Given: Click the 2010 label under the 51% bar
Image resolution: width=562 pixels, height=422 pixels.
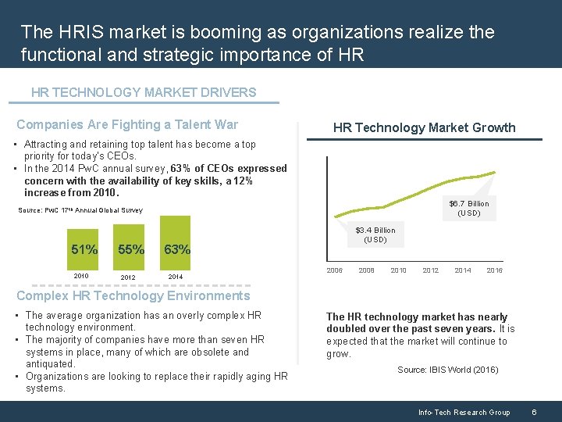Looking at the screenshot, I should tap(81, 276).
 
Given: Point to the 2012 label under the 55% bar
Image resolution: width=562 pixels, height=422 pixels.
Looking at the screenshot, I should tap(128, 277).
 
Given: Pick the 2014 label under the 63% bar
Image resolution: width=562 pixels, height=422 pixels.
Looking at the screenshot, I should tap(175, 276).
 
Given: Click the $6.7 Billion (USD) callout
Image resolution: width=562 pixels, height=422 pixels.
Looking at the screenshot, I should tap(468, 208).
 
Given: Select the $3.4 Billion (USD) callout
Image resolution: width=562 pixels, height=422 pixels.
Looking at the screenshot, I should tap(375, 234).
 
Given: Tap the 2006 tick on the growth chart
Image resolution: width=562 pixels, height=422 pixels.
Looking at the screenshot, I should tap(334, 270).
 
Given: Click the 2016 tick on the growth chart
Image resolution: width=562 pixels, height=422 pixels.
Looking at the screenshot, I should tap(494, 270).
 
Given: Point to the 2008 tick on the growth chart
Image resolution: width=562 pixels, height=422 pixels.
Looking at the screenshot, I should tap(366, 270).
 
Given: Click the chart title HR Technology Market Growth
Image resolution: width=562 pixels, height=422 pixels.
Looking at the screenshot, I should tap(424, 127).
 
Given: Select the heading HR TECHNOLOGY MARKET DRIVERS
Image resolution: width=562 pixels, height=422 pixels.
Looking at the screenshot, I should tap(144, 92).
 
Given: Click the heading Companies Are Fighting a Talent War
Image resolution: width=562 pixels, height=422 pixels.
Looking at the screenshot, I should tap(127, 124).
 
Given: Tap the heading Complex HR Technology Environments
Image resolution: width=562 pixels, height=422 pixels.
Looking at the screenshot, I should tap(133, 295).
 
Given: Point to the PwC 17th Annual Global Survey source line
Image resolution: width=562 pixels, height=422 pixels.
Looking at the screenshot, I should tap(80, 210).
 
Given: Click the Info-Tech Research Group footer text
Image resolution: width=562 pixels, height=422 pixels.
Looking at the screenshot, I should tap(464, 412).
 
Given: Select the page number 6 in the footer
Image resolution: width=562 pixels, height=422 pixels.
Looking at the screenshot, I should tap(534, 412).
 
